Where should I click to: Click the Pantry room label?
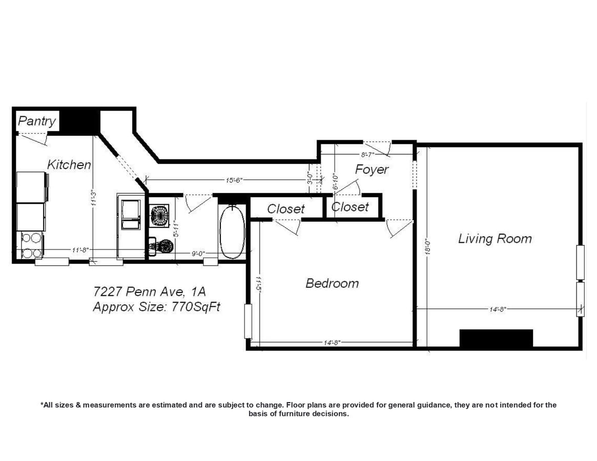[37, 121]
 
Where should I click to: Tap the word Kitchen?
[69, 164]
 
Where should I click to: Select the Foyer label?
[372, 170]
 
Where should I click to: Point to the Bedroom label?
[332, 283]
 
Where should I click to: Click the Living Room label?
[495, 239]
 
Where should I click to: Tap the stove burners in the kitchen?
[31, 245]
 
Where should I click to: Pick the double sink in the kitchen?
[130, 216]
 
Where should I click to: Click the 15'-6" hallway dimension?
[234, 180]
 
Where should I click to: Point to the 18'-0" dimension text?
[429, 245]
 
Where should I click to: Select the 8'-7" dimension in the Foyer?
[367, 154]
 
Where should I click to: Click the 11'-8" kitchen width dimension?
[80, 250]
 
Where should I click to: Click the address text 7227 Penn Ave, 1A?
[149, 292]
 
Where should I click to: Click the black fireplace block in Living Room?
[496, 338]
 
